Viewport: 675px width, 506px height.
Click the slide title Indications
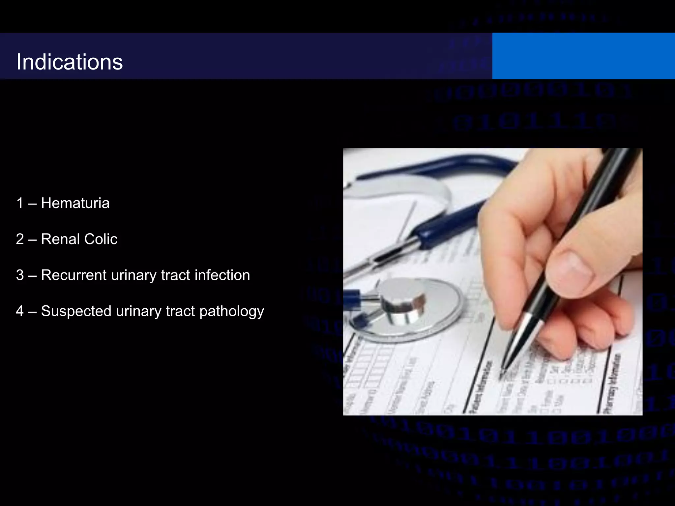pos(69,62)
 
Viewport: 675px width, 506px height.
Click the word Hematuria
pos(75,203)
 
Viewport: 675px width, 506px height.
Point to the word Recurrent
pos(73,275)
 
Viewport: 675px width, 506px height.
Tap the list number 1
pos(20,203)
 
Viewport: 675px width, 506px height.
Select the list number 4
pos(20,311)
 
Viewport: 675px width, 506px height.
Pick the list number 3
pos(20,275)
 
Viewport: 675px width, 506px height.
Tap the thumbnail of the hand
pos(570,272)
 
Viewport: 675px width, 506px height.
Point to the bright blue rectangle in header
pos(583,56)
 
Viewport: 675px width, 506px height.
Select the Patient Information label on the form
pos(482,387)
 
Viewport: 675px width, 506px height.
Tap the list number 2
pos(20,239)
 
